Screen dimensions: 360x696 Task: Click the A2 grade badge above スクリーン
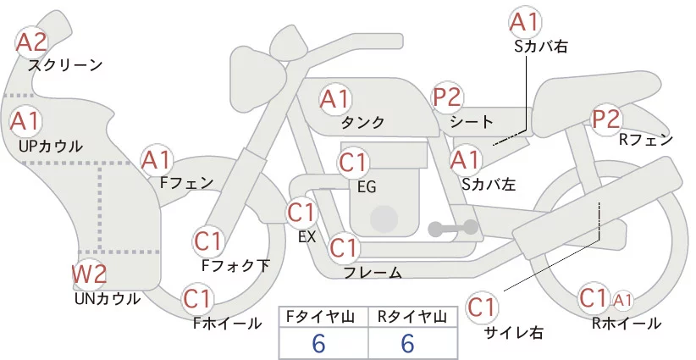(32, 42)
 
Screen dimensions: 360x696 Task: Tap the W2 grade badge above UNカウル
(88, 274)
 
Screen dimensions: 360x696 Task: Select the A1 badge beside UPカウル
(25, 121)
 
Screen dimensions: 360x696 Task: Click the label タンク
(362, 123)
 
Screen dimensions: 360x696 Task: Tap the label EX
(307, 237)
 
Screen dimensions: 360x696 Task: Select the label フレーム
(372, 272)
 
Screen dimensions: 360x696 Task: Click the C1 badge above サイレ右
(483, 306)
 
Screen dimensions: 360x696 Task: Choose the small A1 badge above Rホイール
(622, 299)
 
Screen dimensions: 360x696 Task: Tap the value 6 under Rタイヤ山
(407, 343)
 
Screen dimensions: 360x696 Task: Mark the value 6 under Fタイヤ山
(318, 343)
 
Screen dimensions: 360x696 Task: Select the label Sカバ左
(489, 182)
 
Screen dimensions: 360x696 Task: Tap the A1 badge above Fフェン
(157, 159)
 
